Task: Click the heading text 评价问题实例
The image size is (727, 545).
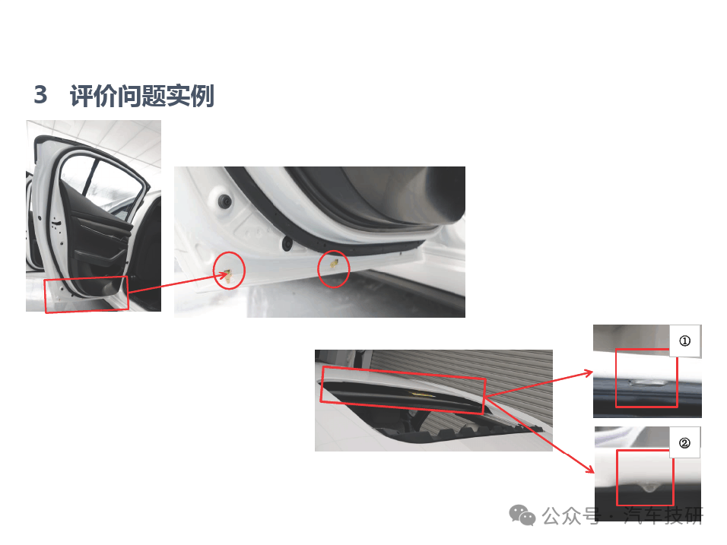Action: pyautogui.click(x=142, y=96)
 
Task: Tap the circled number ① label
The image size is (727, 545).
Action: pyautogui.click(x=685, y=341)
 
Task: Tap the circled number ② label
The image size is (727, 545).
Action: pyautogui.click(x=684, y=443)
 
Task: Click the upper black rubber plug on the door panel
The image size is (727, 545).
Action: pyautogui.click(x=225, y=201)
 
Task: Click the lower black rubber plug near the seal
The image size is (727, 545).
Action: pyautogui.click(x=287, y=243)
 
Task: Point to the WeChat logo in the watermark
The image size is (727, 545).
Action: pyautogui.click(x=522, y=515)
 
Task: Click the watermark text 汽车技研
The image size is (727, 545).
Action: pyautogui.click(x=663, y=515)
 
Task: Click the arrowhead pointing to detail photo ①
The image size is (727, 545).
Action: pyautogui.click(x=589, y=372)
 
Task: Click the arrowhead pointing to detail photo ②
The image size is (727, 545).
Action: pyautogui.click(x=590, y=469)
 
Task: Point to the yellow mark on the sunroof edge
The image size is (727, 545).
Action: pyautogui.click(x=423, y=394)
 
